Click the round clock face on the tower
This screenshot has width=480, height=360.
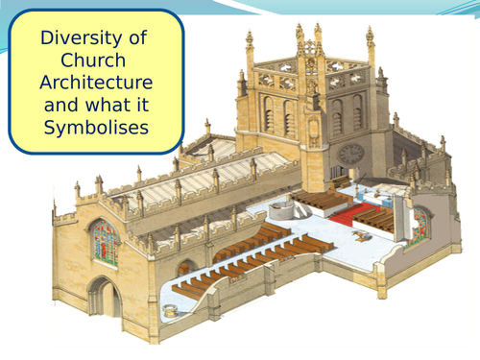[x=350, y=154]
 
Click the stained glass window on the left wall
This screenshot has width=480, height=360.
[x=105, y=242]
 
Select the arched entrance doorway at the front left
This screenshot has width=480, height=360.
[x=102, y=298]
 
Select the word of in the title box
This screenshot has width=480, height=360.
[x=138, y=39]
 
